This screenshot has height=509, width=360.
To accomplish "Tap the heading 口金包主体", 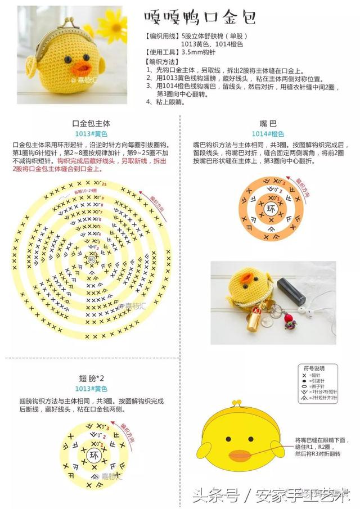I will point(91,123).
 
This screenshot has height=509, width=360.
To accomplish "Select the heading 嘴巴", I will point(268,123).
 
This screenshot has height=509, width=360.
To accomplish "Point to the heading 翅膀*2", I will point(91,378).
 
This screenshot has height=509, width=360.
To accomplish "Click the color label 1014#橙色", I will point(268,134).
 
